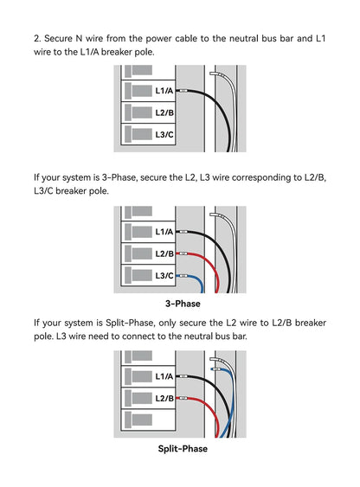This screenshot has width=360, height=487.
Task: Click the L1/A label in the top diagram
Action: [164, 91]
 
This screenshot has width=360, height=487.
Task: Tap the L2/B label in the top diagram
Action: [164, 112]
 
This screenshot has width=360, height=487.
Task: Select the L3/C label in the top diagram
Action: [164, 134]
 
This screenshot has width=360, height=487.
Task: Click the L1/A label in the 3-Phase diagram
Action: [164, 232]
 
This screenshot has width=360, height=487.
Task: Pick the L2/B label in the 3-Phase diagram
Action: [164, 253]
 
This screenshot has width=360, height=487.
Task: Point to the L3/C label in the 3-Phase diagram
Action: [164, 275]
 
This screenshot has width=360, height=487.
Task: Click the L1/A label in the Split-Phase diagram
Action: [164, 376]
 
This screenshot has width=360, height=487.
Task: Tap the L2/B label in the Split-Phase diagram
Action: [164, 398]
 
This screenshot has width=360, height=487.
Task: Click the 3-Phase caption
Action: [183, 304]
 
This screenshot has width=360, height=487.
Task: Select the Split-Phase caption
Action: [183, 448]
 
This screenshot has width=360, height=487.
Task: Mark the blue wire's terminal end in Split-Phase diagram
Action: [213, 369]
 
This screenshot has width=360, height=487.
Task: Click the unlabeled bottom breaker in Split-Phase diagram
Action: [148, 420]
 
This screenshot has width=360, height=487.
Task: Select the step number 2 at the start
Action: [36, 39]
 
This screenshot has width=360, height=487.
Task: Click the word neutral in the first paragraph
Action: [243, 39]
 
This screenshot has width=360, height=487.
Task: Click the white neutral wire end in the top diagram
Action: [211, 74]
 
